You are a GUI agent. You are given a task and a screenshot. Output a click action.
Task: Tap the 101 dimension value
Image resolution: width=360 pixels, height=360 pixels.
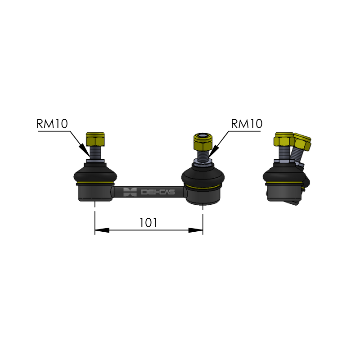click(148, 222)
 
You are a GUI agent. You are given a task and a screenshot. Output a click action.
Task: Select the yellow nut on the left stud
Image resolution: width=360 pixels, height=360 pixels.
click(95, 139)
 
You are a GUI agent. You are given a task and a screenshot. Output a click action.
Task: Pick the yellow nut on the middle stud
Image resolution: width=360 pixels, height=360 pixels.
click(203, 141)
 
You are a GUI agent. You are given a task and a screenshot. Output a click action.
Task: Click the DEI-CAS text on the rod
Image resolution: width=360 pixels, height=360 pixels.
click(158, 192)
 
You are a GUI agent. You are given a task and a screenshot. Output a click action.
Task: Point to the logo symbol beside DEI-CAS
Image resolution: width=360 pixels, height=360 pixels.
click(130, 192)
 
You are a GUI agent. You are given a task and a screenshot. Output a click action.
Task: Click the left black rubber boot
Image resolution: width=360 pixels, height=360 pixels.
click(95, 174)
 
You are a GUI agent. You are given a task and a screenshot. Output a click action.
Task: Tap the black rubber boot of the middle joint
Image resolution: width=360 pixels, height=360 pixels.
click(203, 175)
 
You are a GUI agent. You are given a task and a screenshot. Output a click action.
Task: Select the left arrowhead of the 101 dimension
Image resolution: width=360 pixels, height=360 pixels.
click(102, 230)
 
